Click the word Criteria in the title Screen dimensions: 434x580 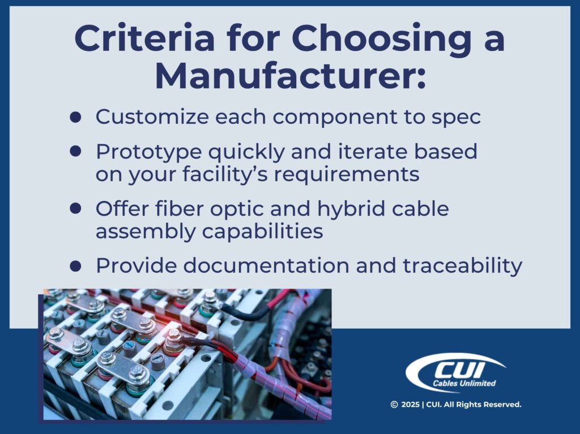click(x=139, y=38)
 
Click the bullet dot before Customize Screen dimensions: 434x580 click(x=75, y=116)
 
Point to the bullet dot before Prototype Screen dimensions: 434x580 click(x=75, y=151)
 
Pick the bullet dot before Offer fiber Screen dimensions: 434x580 click(x=75, y=208)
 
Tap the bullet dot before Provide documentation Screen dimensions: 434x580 click(x=75, y=265)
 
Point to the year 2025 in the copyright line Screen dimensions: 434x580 click(x=411, y=405)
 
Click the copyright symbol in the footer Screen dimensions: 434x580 click(x=394, y=405)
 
